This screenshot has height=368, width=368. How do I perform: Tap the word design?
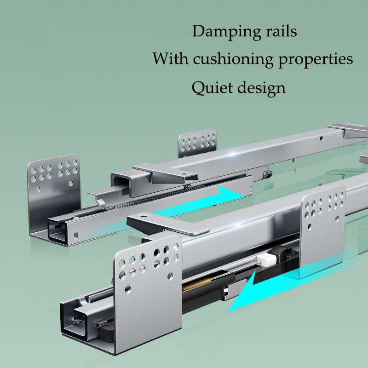261,86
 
